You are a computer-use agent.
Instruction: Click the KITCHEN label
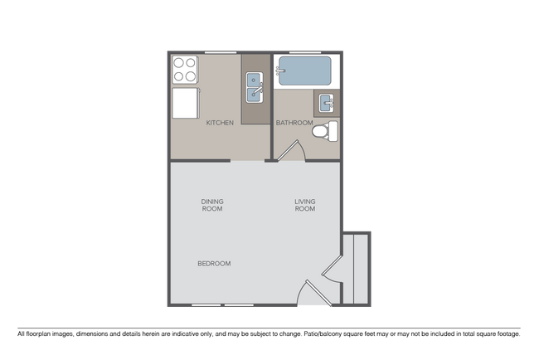(220, 123)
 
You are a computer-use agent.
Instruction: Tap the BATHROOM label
(294, 123)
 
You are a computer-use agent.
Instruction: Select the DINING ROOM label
(212, 205)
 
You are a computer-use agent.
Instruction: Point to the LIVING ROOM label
(305, 205)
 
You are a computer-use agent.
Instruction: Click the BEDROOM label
(214, 264)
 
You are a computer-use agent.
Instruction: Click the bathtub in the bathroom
(306, 71)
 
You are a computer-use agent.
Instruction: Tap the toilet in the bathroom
(332, 129)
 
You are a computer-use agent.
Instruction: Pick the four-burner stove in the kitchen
(185, 70)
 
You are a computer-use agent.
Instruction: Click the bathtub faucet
(281, 71)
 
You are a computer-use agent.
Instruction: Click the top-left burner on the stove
(179, 63)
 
